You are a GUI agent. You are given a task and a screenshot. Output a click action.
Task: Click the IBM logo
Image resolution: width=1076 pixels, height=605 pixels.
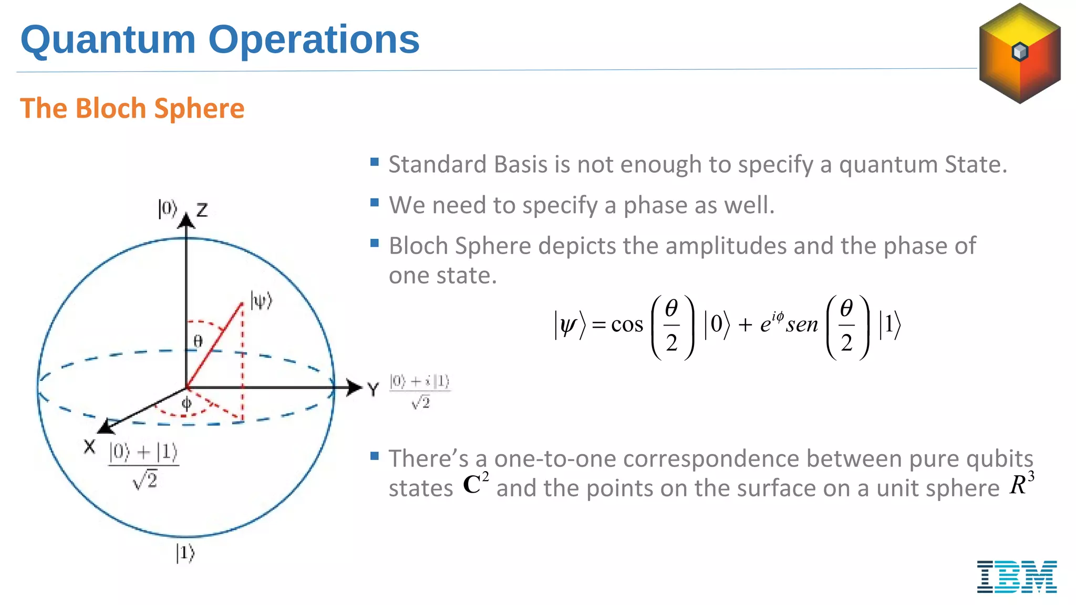[x=1017, y=577]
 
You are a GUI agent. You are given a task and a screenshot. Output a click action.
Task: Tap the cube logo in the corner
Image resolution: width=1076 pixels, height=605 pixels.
[x=1020, y=53]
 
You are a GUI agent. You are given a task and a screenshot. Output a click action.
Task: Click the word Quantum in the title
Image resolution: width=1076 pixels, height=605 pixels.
[x=108, y=40]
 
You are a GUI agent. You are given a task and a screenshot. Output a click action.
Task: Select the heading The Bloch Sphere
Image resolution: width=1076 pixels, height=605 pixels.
[x=132, y=109]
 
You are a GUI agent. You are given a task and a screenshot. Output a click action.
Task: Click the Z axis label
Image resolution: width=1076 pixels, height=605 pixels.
[x=202, y=211]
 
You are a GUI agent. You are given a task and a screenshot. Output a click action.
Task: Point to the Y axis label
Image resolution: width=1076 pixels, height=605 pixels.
[x=373, y=390]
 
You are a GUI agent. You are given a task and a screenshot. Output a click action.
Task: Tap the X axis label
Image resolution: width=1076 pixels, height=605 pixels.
[x=90, y=447]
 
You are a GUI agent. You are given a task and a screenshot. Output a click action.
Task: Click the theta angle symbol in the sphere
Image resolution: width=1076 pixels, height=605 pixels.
[x=198, y=341]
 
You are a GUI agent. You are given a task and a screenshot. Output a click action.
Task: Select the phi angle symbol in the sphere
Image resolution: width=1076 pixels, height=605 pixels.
[x=187, y=404]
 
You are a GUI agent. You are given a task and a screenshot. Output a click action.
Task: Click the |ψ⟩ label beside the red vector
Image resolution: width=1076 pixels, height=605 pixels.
[x=261, y=301]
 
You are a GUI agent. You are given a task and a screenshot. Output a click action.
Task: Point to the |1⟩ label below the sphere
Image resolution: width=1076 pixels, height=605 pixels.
[x=185, y=553]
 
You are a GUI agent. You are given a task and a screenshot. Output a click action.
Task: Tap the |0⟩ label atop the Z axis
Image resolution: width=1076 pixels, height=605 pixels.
[x=167, y=208]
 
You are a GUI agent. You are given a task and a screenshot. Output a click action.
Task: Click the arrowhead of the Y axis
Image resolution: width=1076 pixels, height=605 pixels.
[x=355, y=388]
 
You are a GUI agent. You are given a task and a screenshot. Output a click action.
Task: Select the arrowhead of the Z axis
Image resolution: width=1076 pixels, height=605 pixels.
[x=186, y=221]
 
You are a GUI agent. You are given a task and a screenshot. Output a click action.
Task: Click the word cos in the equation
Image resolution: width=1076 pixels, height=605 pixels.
[x=627, y=325]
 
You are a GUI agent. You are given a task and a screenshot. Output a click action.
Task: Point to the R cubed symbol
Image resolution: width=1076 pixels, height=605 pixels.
[x=1021, y=484]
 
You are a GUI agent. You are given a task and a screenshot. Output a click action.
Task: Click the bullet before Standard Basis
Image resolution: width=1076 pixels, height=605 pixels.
[x=375, y=162]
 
